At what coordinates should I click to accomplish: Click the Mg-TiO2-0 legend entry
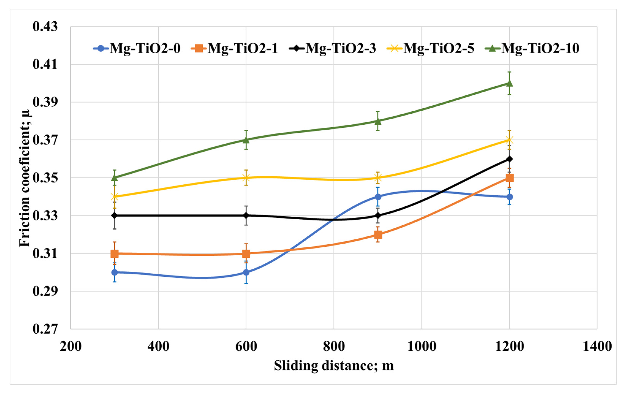tap(137, 48)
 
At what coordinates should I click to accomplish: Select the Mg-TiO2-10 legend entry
tap(532, 48)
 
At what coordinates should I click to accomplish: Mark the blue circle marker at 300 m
tap(115, 272)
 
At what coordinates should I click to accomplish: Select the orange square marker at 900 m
tap(378, 234)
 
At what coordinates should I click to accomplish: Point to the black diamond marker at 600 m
tap(246, 216)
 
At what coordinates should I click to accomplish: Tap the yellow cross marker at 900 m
tap(378, 178)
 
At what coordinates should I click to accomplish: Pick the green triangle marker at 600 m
tap(246, 140)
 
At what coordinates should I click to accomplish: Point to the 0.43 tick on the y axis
tap(45, 27)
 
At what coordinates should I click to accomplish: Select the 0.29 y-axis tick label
tap(45, 291)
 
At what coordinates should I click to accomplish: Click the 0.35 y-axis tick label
tap(45, 178)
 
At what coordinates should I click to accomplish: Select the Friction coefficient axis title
tap(25, 178)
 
